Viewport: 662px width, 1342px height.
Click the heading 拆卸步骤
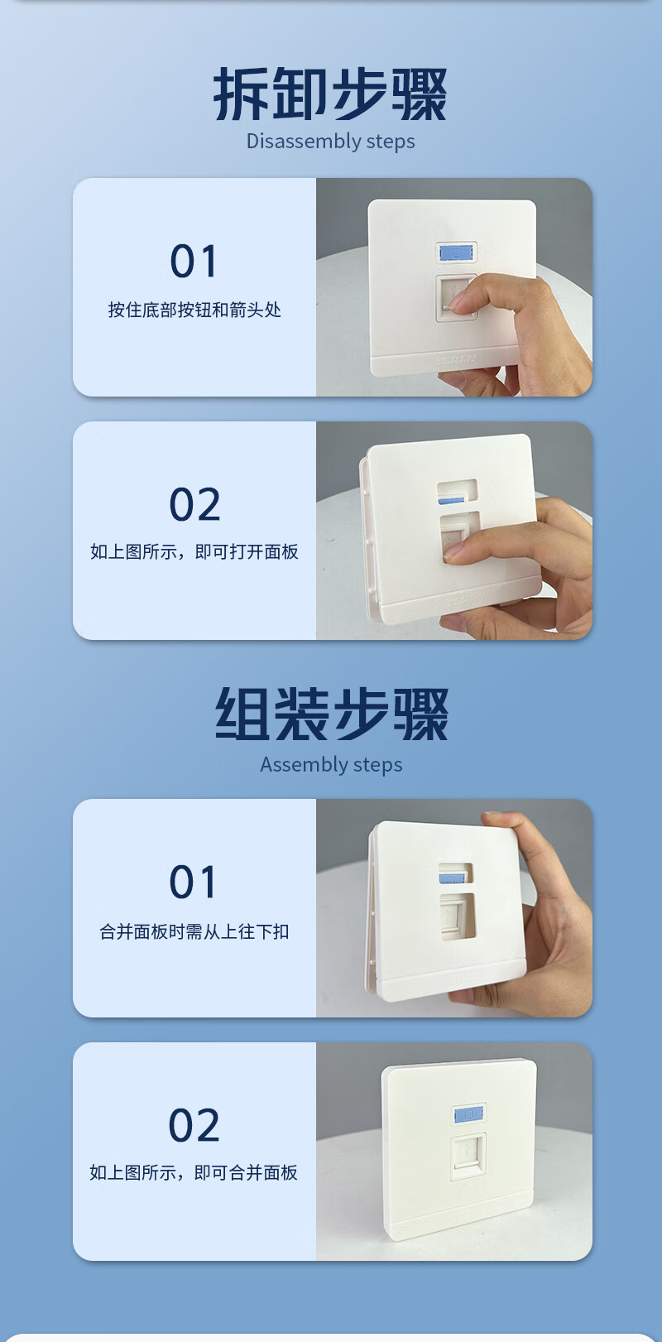point(330,94)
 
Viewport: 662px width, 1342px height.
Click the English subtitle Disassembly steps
point(331,142)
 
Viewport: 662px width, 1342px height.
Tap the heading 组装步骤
point(331,714)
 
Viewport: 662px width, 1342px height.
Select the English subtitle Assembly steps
point(331,765)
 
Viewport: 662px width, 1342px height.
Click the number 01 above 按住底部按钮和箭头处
point(193,262)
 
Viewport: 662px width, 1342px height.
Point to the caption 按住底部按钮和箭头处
point(194,310)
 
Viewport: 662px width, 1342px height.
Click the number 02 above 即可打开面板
point(194,504)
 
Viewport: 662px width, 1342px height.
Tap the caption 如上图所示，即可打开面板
point(194,551)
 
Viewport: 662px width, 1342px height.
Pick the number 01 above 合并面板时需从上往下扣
point(192,882)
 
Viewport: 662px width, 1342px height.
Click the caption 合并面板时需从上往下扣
point(194,931)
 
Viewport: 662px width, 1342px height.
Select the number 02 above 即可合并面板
point(194,1125)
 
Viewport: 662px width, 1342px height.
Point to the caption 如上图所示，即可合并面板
point(194,1172)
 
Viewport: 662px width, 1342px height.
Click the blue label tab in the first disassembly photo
point(457,253)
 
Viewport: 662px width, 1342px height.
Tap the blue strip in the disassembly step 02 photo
point(451,500)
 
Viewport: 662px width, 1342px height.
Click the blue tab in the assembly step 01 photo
point(451,878)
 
